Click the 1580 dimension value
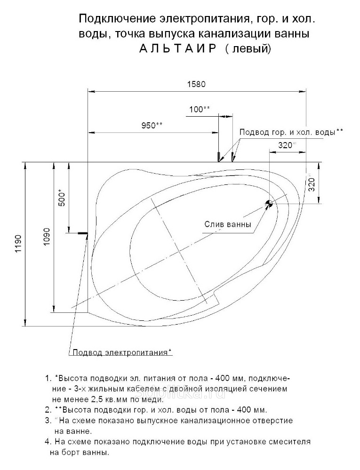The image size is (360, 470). point(196,84)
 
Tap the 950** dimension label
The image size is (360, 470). point(152,125)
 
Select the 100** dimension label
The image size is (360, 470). point(200,110)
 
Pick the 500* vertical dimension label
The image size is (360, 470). point(62,197)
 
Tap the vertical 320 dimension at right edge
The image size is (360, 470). point(312,184)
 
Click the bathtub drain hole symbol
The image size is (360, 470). point(269,204)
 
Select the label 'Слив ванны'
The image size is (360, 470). point(228,224)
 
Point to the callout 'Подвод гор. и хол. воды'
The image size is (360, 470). point(291,132)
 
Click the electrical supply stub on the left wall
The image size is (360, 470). point(82,233)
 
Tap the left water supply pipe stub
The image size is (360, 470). point(218,157)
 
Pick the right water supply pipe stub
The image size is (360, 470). point(232,157)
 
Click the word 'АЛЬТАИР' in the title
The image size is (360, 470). point(177,48)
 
